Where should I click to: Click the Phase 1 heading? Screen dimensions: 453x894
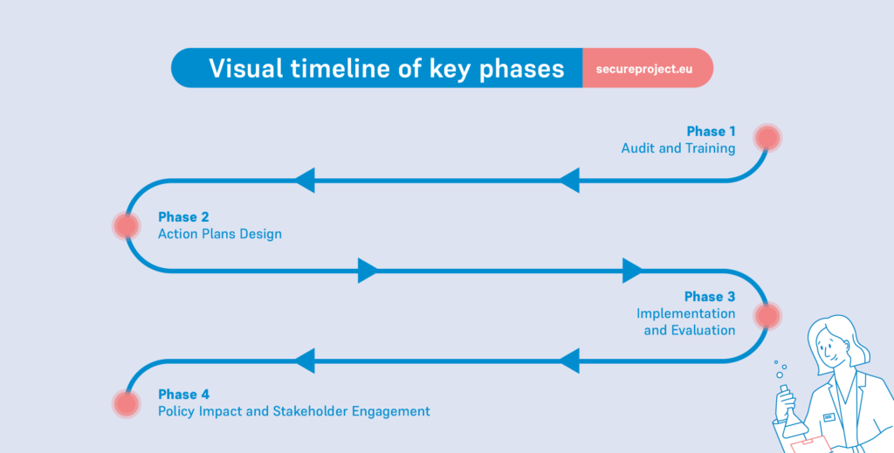point(711,132)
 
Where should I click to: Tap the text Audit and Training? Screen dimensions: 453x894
point(678,148)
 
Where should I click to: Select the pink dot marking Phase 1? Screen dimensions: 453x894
point(767,137)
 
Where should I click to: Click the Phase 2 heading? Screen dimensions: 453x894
point(183,216)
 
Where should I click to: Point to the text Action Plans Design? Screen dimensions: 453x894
point(219,234)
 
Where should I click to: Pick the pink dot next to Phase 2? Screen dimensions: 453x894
point(127,226)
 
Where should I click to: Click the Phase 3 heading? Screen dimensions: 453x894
point(710,297)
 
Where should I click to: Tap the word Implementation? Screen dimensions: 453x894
point(685,313)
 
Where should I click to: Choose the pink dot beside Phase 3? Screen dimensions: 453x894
point(767,316)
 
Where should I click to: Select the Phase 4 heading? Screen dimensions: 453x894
point(183,395)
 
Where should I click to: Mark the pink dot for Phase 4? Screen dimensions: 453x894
point(127,403)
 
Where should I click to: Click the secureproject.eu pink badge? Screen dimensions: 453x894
point(647,68)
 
